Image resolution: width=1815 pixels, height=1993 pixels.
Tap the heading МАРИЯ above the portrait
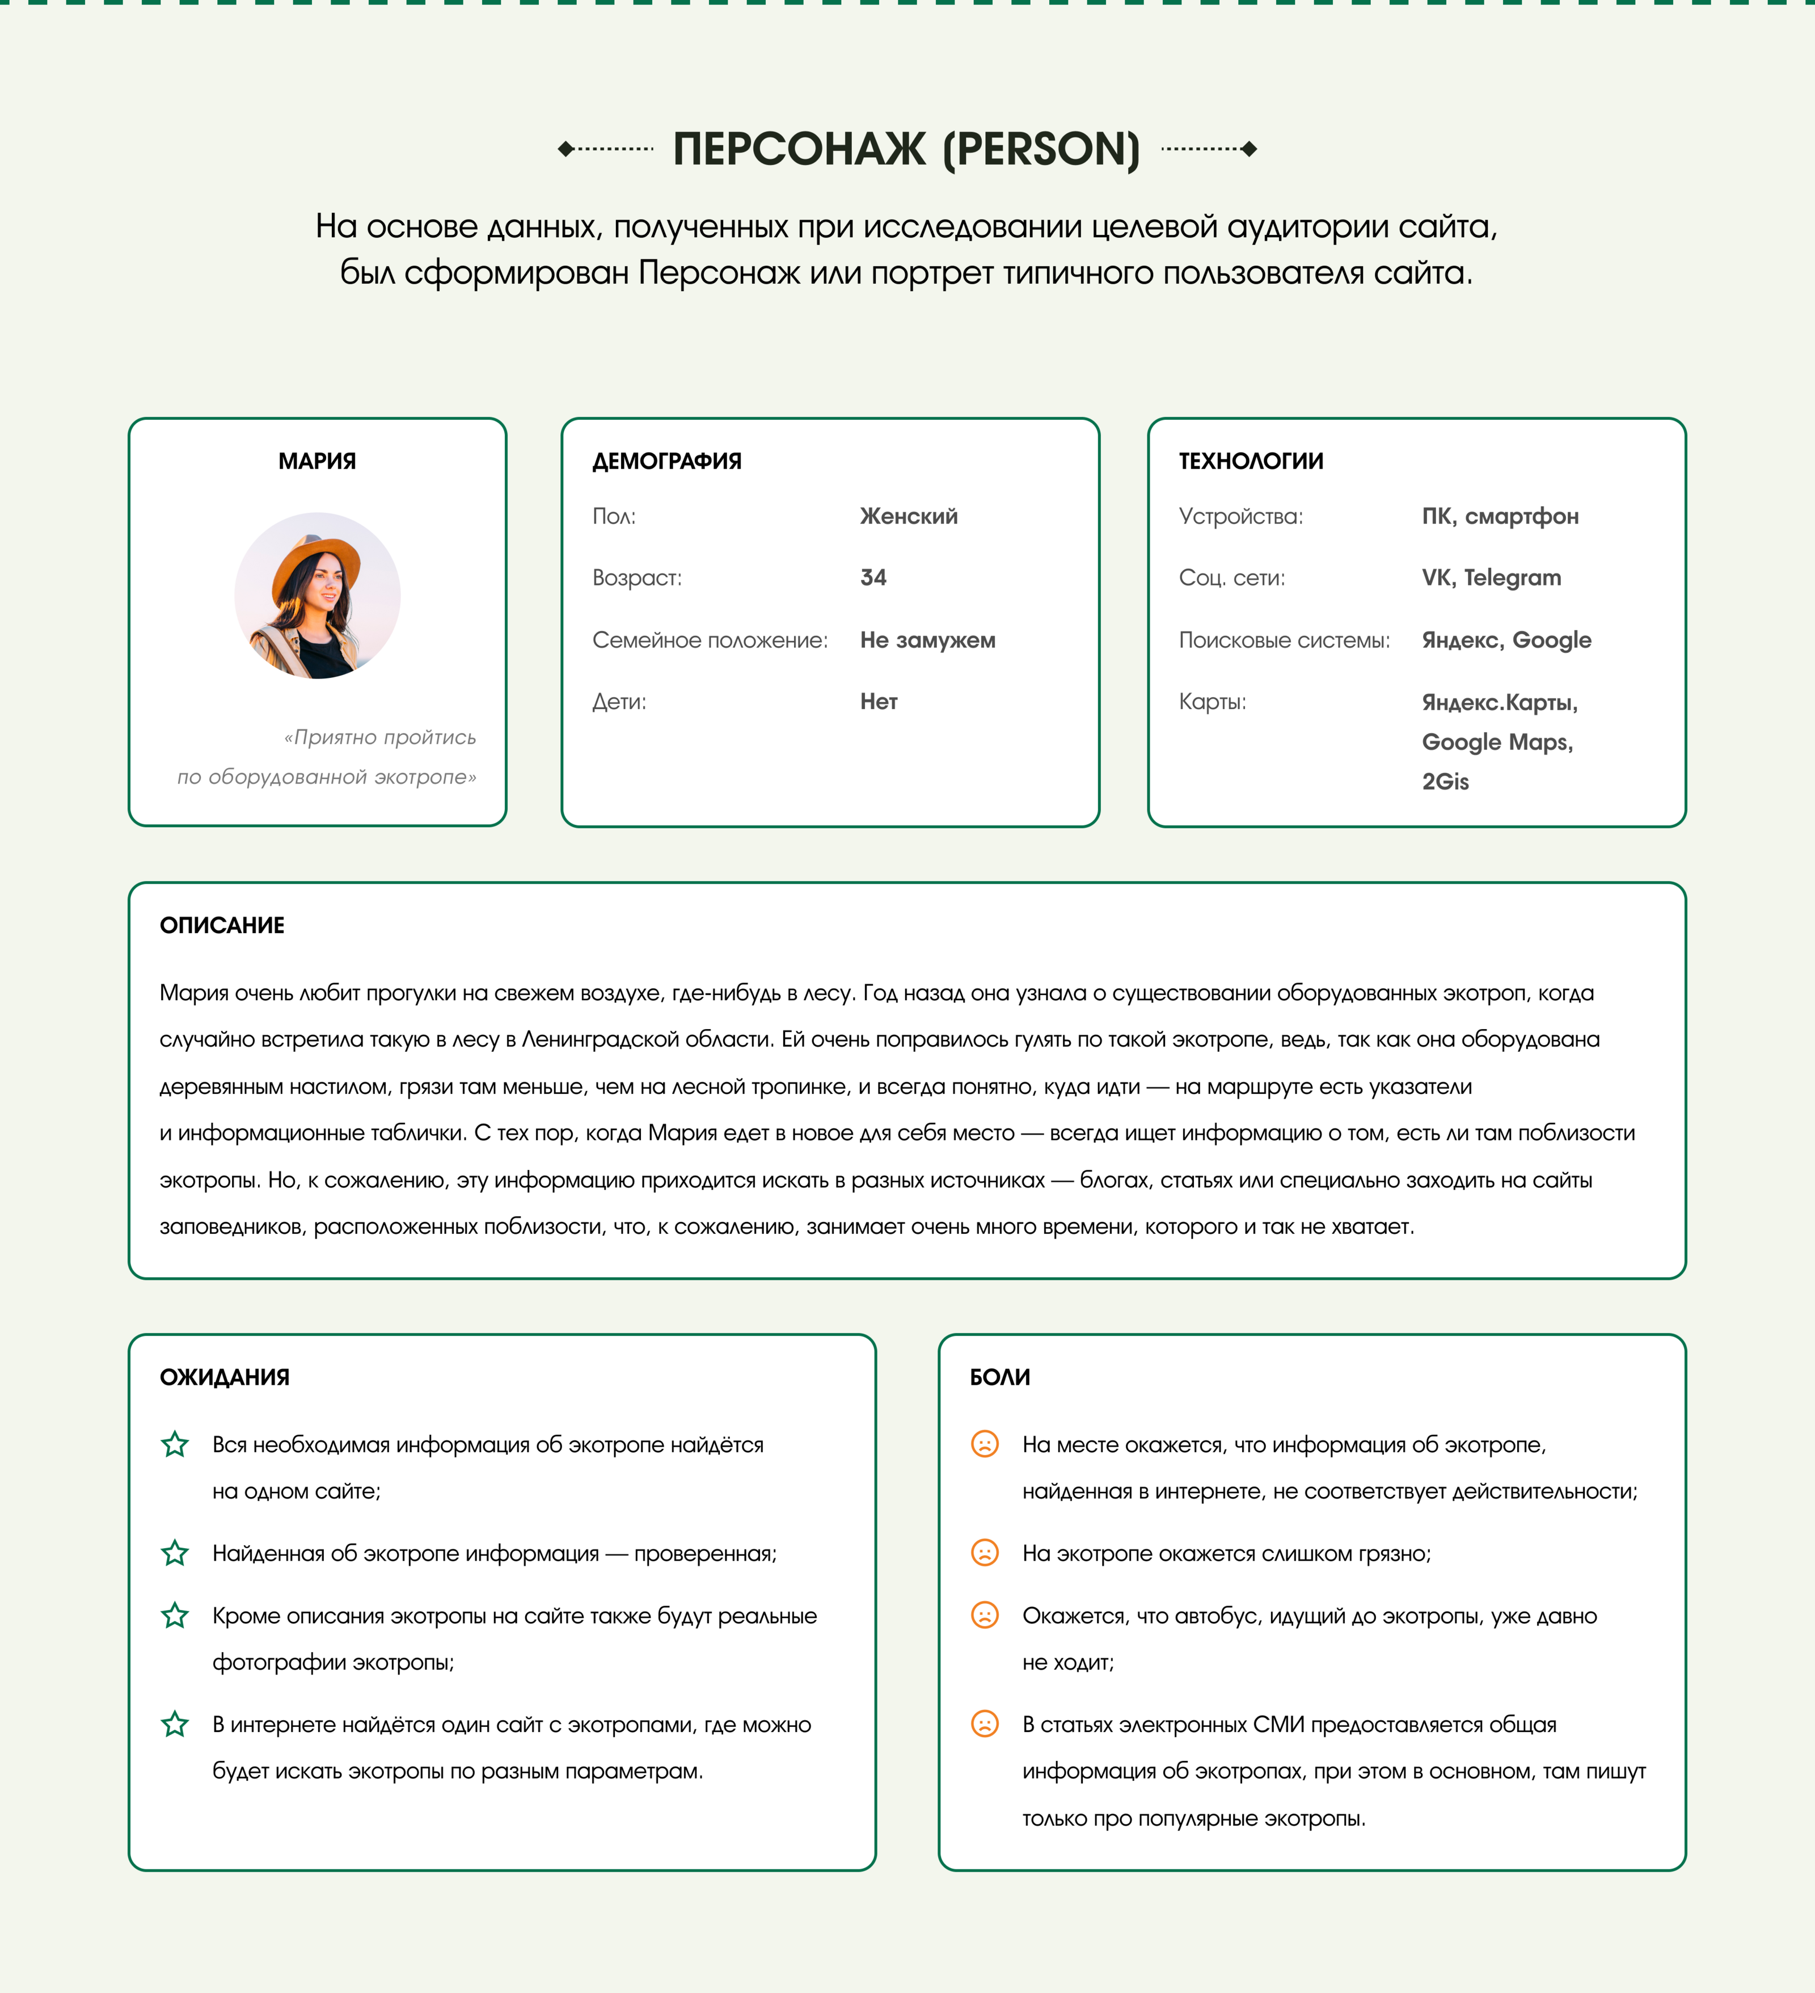point(317,461)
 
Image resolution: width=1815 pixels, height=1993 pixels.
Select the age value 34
point(873,578)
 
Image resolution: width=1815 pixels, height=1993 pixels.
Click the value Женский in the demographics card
point(909,516)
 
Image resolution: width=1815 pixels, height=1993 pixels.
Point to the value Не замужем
point(927,639)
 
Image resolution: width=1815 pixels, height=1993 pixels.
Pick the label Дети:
point(619,702)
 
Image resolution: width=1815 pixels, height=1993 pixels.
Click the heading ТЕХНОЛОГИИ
point(1251,461)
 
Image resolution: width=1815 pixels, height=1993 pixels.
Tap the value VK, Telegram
point(1491,578)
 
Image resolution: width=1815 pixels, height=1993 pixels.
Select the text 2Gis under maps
point(1445,782)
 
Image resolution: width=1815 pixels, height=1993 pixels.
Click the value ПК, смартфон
point(1500,516)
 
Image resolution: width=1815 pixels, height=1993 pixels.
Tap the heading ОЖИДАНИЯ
point(225,1377)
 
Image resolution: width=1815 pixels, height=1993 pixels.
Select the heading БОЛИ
point(999,1377)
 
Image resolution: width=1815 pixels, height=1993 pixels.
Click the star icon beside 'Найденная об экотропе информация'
point(175,1553)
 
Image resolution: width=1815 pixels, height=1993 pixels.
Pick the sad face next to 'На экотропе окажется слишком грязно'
point(985,1553)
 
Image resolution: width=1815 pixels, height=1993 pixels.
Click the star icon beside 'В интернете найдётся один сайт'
point(175,1724)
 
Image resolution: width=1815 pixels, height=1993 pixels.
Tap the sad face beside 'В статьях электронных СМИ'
point(985,1724)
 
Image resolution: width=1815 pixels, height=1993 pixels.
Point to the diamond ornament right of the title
point(1250,149)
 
